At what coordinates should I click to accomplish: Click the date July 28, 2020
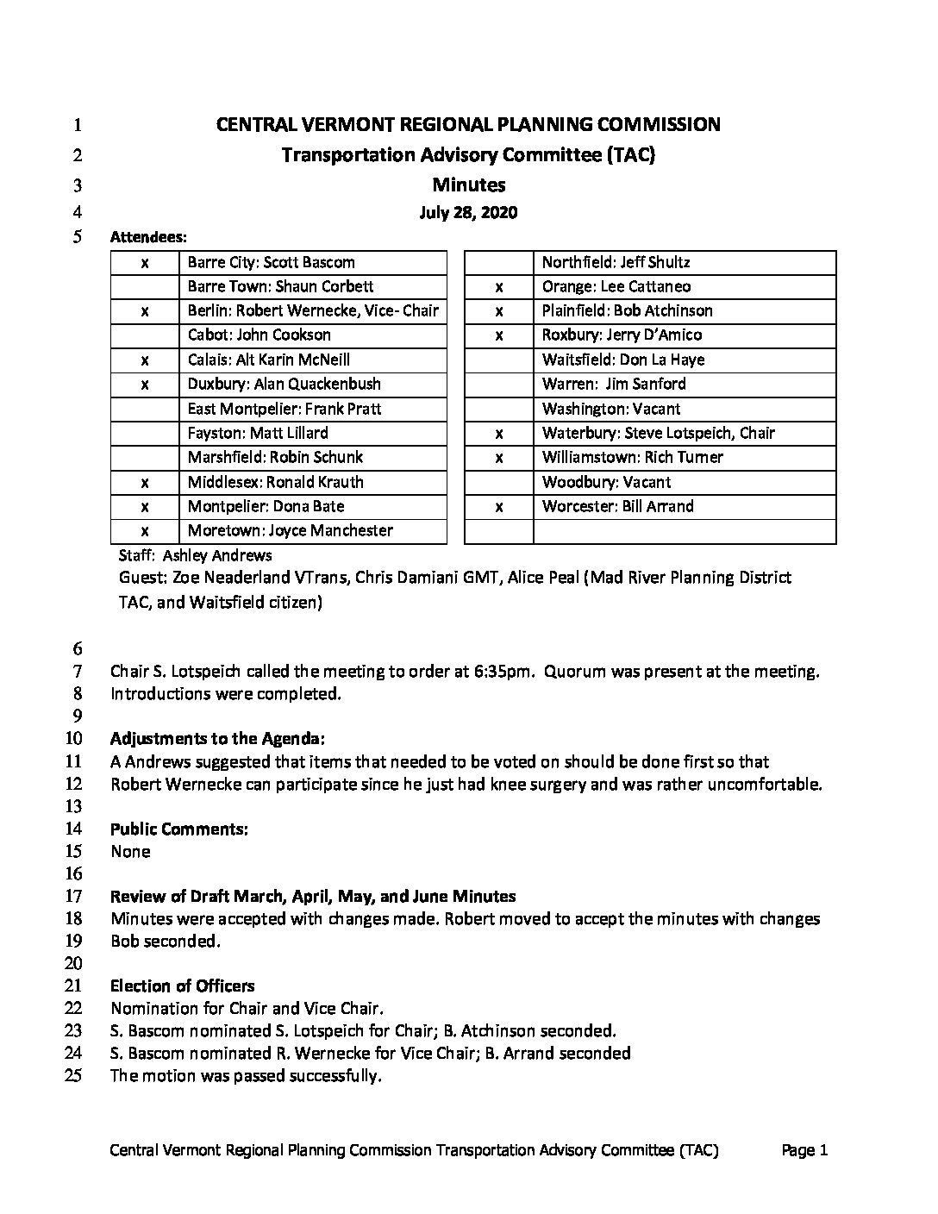coord(468,212)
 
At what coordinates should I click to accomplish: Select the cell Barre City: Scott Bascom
coord(271,262)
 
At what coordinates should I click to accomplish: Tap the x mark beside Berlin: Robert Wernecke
coord(145,310)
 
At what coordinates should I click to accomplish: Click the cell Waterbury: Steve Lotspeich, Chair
coord(658,433)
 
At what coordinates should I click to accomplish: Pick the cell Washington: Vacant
coord(610,409)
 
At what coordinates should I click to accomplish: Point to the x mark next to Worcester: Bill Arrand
coord(499,507)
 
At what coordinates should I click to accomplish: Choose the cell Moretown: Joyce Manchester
coord(290,530)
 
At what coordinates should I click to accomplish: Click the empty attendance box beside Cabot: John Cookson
coord(145,335)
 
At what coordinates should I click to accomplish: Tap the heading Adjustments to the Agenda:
coord(217,738)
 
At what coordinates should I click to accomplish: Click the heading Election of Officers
coord(182,986)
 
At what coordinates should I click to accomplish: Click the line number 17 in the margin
coord(73,896)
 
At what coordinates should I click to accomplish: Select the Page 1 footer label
coord(804,1149)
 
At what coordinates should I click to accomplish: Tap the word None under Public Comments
coord(130,851)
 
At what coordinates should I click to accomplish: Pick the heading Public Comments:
coord(179,829)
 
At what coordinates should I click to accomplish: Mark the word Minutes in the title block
coord(468,185)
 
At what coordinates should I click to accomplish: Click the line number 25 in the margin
coord(73,1075)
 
